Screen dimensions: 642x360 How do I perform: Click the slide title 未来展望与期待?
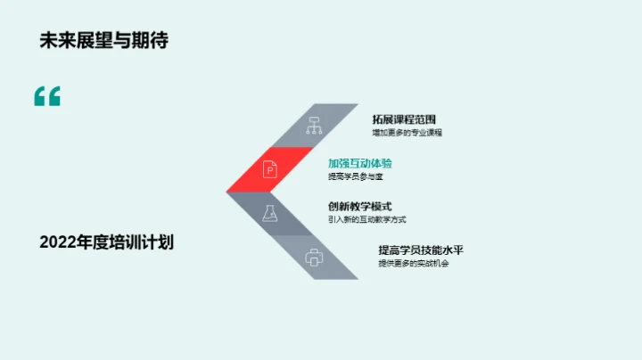[x=103, y=40]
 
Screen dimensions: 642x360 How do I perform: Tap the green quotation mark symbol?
[x=47, y=96]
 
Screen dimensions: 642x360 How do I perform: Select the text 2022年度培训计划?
[x=106, y=242]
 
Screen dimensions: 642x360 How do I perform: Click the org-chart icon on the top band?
[x=313, y=125]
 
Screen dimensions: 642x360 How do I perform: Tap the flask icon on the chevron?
[x=269, y=214]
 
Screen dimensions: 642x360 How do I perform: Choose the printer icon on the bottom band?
[x=313, y=258]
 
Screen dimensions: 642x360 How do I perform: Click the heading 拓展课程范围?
[x=405, y=119]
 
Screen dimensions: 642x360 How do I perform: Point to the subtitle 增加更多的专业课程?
[x=407, y=133]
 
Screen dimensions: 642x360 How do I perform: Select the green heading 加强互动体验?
[x=360, y=163]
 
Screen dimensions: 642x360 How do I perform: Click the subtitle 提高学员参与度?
[x=355, y=177]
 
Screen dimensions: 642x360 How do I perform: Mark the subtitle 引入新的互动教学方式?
[x=367, y=220]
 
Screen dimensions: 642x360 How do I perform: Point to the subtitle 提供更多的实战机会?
[x=413, y=264]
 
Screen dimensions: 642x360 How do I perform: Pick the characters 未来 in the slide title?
[x=55, y=40]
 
